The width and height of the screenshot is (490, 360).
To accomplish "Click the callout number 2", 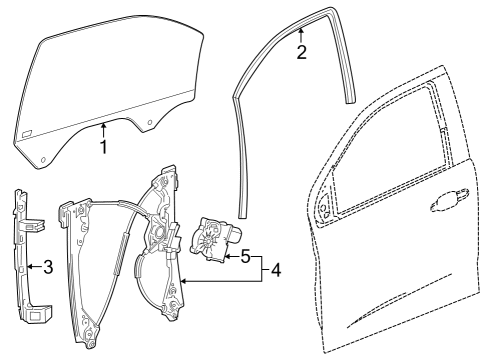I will click(300, 53).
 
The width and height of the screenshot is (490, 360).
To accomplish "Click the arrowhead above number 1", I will click(104, 124).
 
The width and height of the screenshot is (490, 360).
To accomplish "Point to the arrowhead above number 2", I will click(300, 34).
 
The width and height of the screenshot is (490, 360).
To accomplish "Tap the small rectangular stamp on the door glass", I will click(29, 132).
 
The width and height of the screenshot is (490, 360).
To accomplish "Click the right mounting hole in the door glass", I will click(150, 124).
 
